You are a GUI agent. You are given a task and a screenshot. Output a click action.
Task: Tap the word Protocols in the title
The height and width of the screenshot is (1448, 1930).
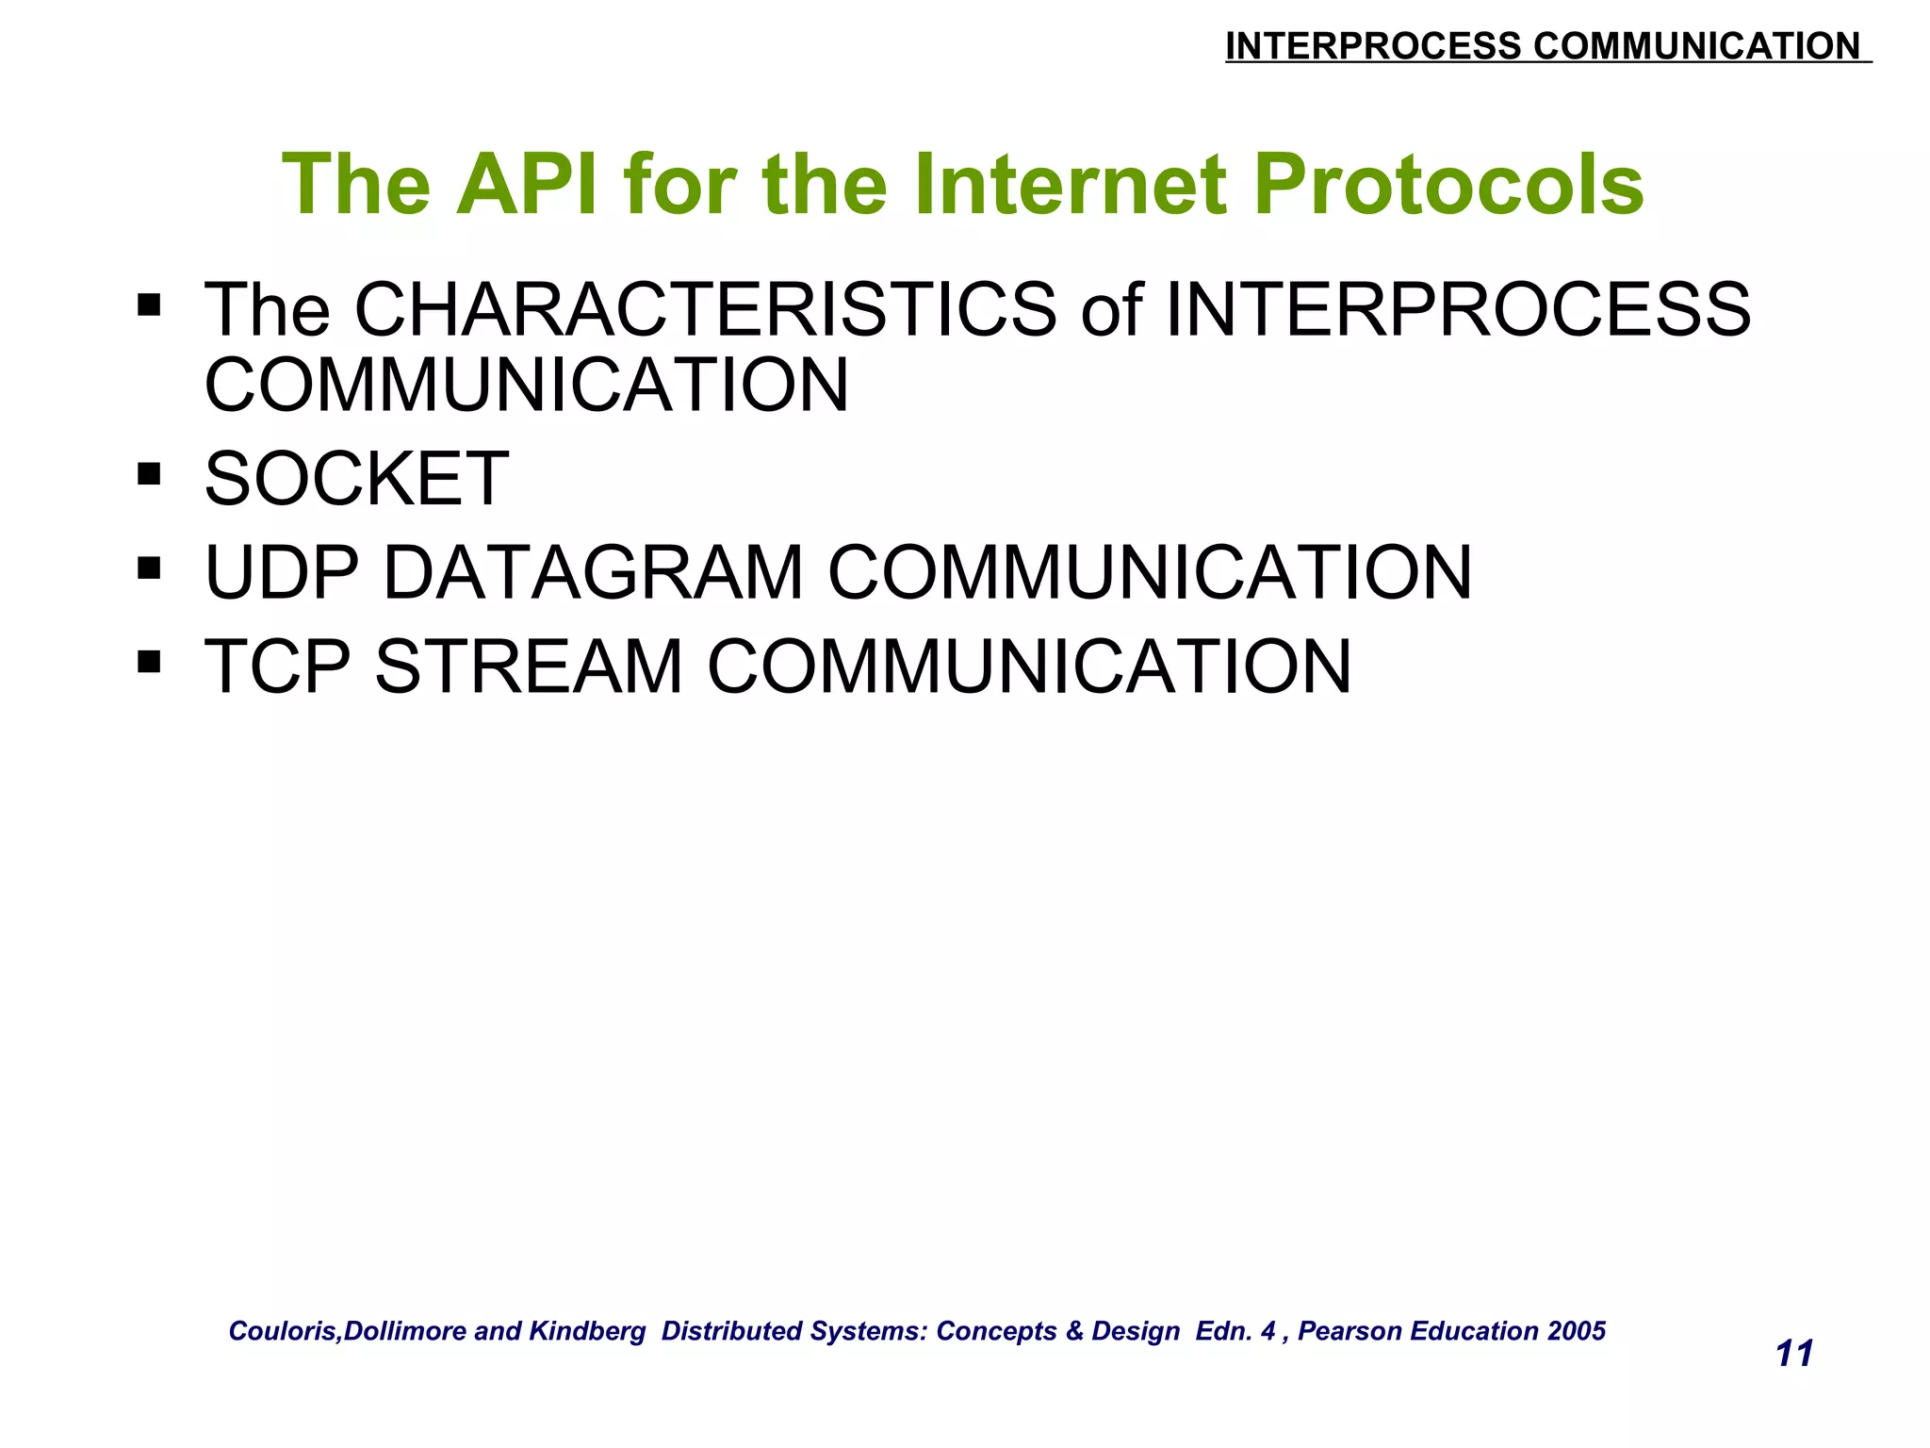click(1447, 185)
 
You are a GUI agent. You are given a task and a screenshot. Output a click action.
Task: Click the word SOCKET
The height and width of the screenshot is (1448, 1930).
click(356, 479)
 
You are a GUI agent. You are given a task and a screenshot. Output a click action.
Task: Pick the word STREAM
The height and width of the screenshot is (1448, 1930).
click(529, 666)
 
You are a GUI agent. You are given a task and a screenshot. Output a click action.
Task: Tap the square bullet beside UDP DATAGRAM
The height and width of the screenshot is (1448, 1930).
click(149, 568)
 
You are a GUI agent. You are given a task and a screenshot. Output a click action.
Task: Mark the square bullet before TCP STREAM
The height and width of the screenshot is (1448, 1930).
click(149, 661)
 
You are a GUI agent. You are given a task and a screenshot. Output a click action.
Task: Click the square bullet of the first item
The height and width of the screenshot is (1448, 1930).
click(149, 304)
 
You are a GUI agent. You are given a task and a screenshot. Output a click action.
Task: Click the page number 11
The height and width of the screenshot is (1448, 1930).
click(1793, 1354)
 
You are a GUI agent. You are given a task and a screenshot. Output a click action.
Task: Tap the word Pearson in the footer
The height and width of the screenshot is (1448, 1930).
click(1345, 1331)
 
